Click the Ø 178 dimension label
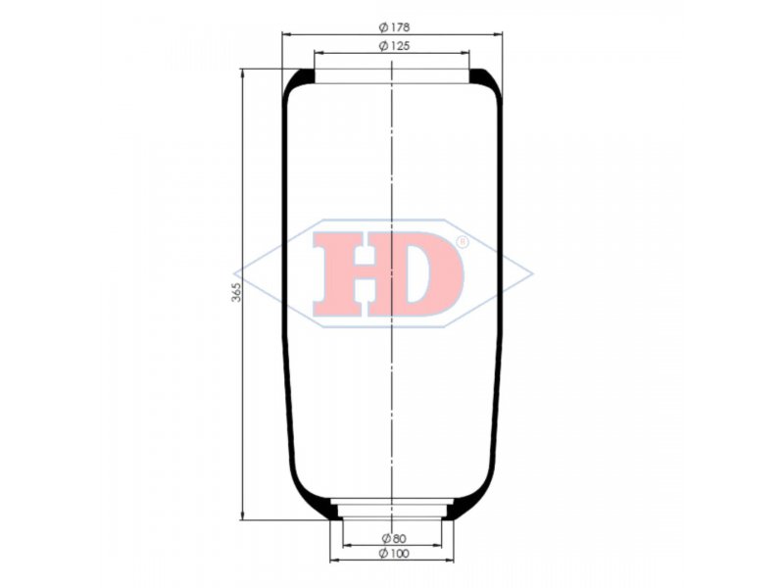tap(395, 27)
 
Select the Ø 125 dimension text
tap(395, 46)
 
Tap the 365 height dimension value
tap(236, 292)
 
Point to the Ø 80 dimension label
tap(394, 538)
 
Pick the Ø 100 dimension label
tap(395, 553)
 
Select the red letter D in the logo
tap(430, 273)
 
